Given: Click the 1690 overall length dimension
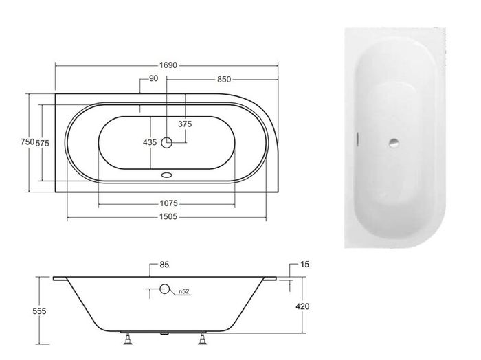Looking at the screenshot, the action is [x=168, y=65].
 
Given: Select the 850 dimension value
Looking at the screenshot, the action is [x=224, y=80].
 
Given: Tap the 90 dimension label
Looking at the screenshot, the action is [x=154, y=78].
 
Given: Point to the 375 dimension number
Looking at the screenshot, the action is [x=185, y=124].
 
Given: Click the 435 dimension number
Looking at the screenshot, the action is [x=150, y=142].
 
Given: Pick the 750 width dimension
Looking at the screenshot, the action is [x=27, y=142].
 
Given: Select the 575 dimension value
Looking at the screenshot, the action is [x=43, y=143].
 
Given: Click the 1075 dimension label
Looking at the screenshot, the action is [x=169, y=203].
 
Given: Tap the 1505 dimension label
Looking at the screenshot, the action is [x=168, y=217].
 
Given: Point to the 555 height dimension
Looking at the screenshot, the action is [x=39, y=311].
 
